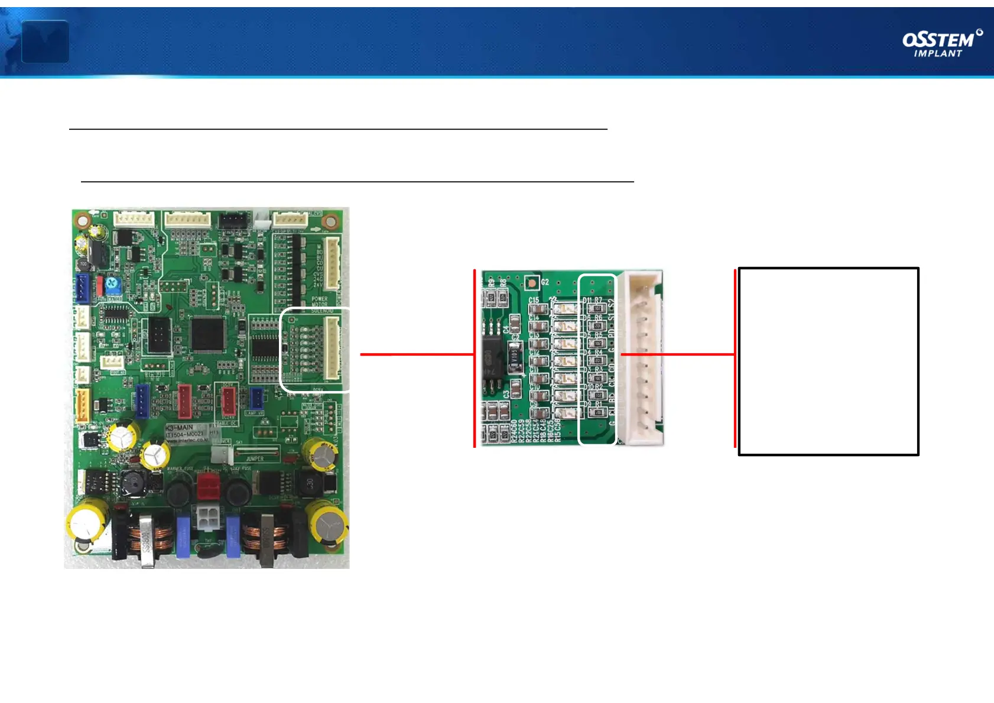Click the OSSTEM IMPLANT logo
(x=941, y=44)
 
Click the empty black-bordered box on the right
(x=828, y=361)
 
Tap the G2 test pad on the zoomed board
(x=532, y=283)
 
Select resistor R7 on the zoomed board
(x=597, y=308)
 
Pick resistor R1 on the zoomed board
(x=597, y=412)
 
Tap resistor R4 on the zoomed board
(x=597, y=360)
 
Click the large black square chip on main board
(x=207, y=334)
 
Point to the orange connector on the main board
(x=82, y=405)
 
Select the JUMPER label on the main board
(x=255, y=458)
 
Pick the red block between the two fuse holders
(x=208, y=486)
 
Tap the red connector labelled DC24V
(x=228, y=401)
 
